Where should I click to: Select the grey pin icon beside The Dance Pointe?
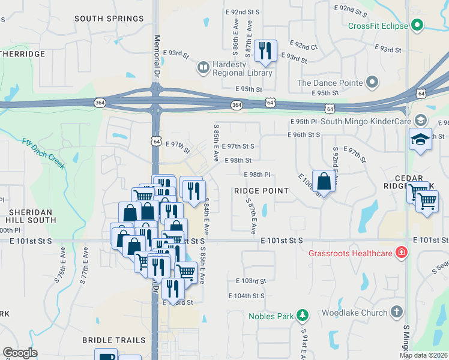[x=372, y=82]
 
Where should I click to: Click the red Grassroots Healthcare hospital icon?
[x=400, y=253]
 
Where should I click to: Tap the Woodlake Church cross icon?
[x=396, y=312]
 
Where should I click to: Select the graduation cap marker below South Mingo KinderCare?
[x=420, y=140]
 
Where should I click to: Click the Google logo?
[x=20, y=353]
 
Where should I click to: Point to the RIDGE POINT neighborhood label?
[x=261, y=190]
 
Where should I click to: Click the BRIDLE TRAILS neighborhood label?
[x=114, y=340]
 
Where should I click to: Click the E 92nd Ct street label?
[x=303, y=46]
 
